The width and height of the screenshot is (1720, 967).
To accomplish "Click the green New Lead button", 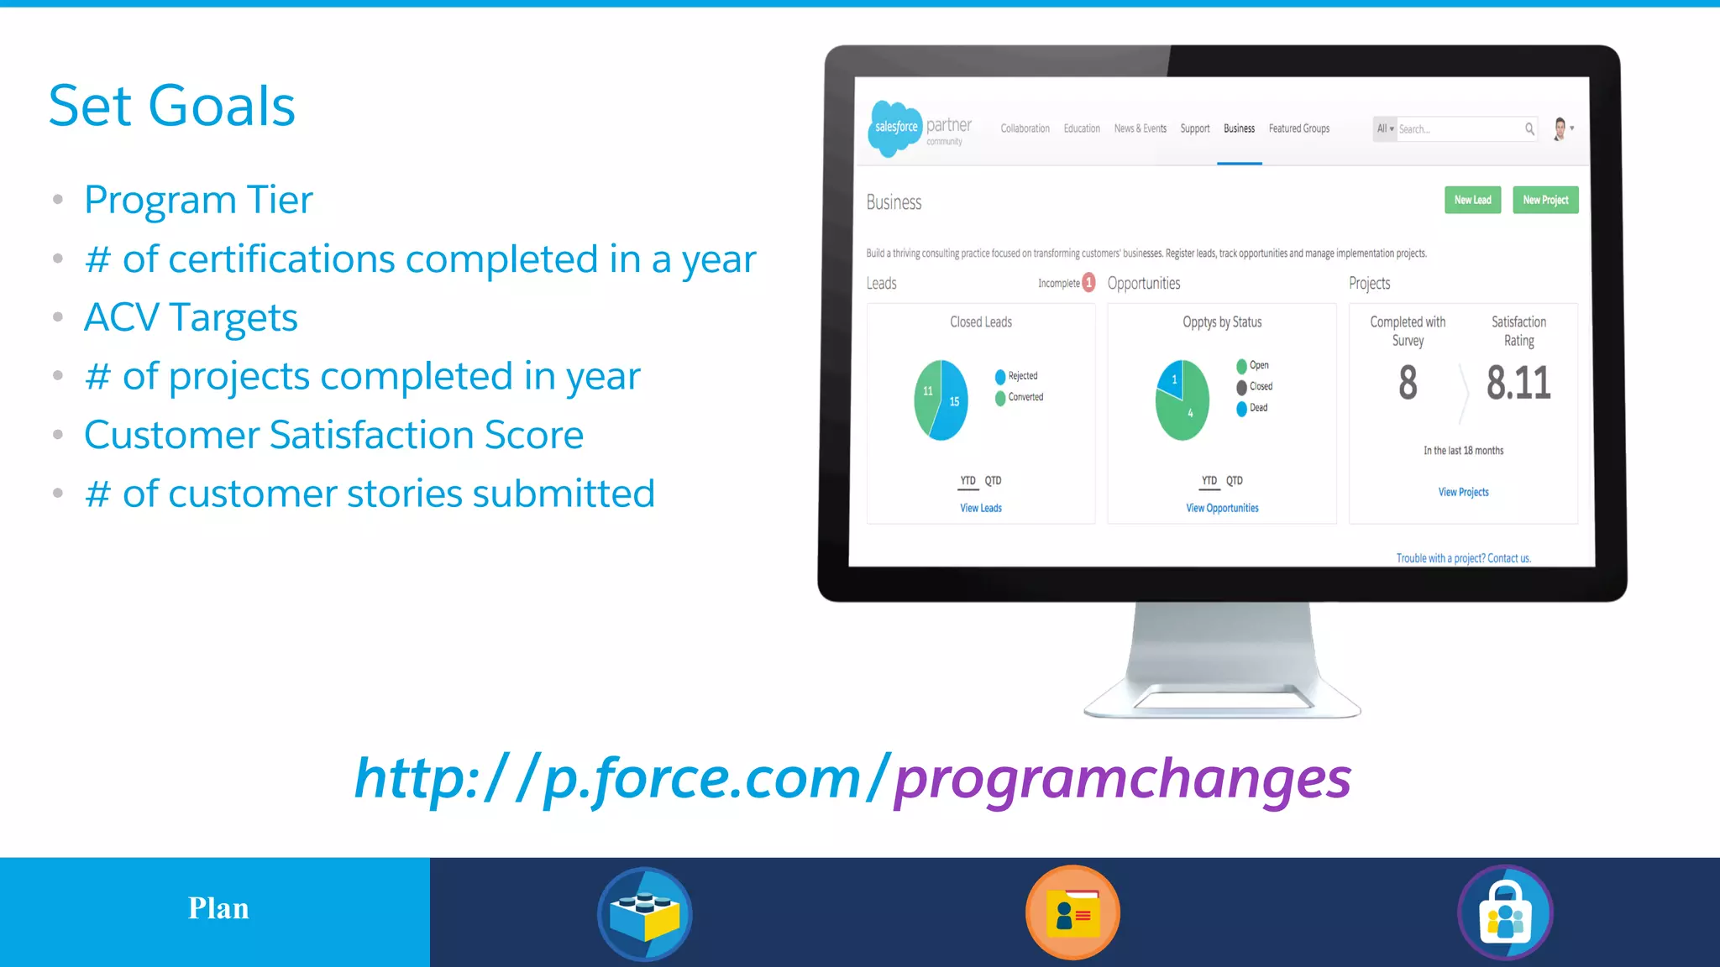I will pos(1472,200).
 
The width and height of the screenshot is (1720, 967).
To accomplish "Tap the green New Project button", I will pos(1545,200).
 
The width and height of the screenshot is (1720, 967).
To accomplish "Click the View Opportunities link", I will pos(1222,508).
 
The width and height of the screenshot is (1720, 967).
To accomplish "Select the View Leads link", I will pos(981,508).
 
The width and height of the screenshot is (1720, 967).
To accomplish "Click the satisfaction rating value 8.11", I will pos(1518,383).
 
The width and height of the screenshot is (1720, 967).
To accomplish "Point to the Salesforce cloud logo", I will pos(895,128).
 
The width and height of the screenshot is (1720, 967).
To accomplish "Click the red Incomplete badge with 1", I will pos(1088,283).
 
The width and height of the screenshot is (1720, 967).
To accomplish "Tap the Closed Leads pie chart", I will pos(941,400).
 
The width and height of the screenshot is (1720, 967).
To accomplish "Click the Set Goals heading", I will pos(172,107).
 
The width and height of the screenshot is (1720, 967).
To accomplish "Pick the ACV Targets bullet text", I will pos(191,318).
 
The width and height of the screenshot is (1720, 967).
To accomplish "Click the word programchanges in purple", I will pos(1122,778).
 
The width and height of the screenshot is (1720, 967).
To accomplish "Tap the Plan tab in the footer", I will pos(218,909).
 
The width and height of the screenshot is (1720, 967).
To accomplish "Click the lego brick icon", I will pos(645,914).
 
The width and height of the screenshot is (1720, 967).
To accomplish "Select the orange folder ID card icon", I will pos(1072,912).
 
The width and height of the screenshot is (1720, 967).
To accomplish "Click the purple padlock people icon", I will pos(1505,913).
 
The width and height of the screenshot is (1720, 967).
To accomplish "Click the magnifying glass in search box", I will pos(1529,128).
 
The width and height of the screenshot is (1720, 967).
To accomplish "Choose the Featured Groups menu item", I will pos(1298,128).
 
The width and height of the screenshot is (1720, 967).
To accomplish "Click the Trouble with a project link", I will pos(1463,558).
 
